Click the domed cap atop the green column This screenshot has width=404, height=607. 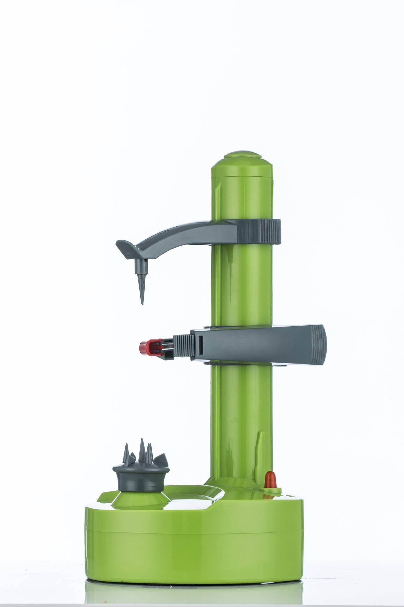pyautogui.click(x=242, y=161)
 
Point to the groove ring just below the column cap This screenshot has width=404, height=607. pyautogui.click(x=242, y=176)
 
